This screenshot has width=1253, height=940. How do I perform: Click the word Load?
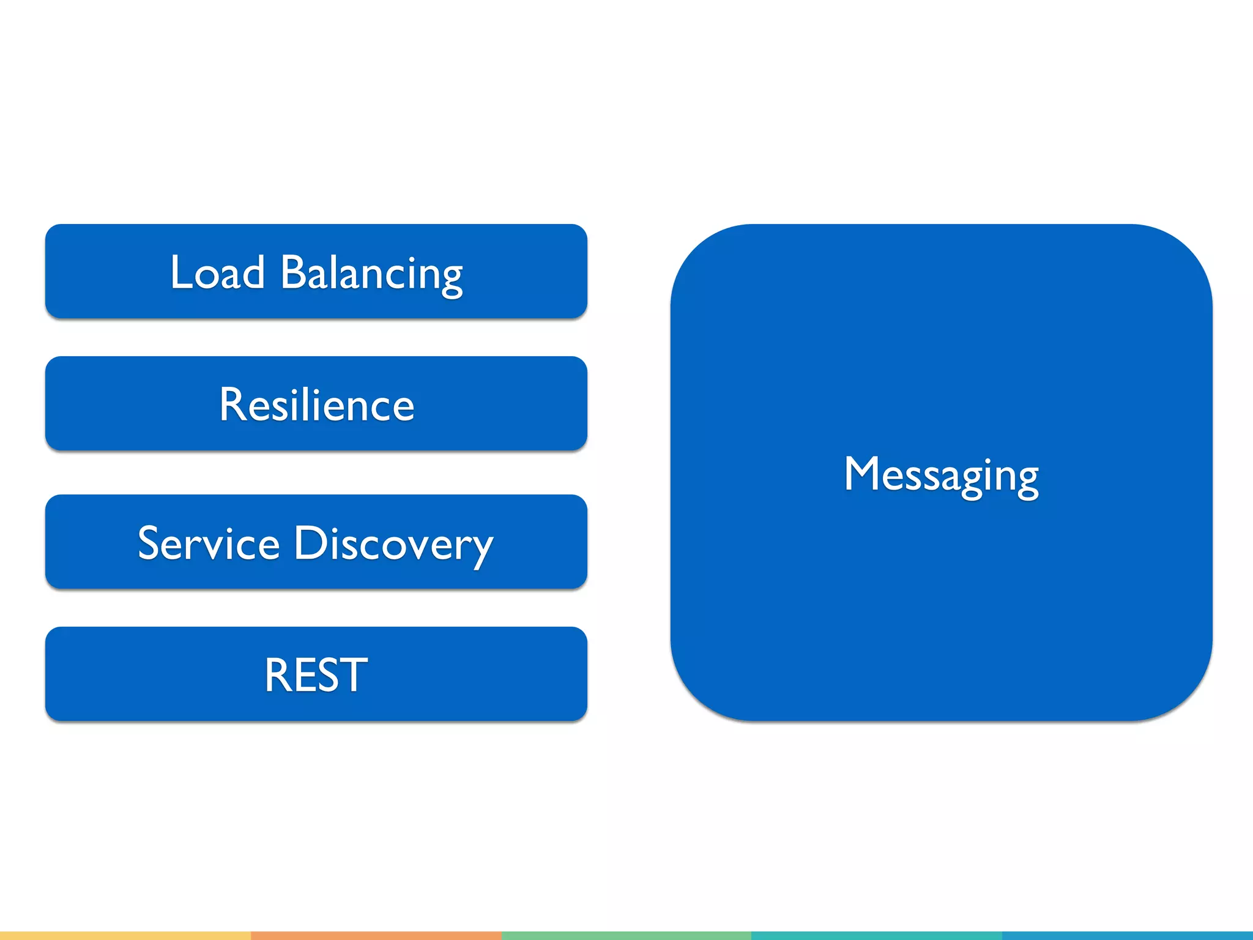(217, 272)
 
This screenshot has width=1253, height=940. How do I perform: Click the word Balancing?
(371, 274)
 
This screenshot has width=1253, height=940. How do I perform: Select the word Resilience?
(316, 405)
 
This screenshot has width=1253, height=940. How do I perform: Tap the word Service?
(209, 543)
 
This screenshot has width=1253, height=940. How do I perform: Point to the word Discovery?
(393, 544)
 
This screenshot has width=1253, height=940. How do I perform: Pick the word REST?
(316, 674)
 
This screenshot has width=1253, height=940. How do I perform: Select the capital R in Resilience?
(232, 405)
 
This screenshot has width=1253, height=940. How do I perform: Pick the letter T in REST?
(353, 674)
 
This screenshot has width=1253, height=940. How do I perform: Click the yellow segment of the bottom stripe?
(125, 936)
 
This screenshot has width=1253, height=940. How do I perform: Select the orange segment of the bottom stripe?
(376, 936)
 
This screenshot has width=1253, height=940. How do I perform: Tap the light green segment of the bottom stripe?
(626, 936)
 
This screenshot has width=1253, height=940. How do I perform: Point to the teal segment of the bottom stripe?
(876, 936)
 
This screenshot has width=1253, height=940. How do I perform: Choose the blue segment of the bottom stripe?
(1127, 936)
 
